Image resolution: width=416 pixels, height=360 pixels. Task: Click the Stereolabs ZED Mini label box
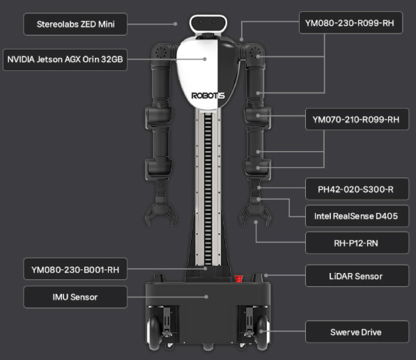(x=75, y=24)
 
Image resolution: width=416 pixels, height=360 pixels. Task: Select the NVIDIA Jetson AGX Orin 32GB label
(x=65, y=59)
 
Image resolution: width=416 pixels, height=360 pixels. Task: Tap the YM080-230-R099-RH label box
(x=350, y=23)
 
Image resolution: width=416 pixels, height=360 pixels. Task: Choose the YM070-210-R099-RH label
(x=357, y=119)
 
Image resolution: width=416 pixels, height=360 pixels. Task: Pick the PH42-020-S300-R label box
(x=357, y=189)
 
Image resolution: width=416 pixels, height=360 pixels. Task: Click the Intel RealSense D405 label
(x=357, y=216)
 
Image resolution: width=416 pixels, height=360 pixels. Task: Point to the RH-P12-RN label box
(x=357, y=243)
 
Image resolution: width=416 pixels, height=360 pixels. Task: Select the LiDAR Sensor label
(x=357, y=276)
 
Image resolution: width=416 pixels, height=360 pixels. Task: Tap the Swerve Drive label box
(x=357, y=331)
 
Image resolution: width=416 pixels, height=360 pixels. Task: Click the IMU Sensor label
(x=75, y=297)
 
